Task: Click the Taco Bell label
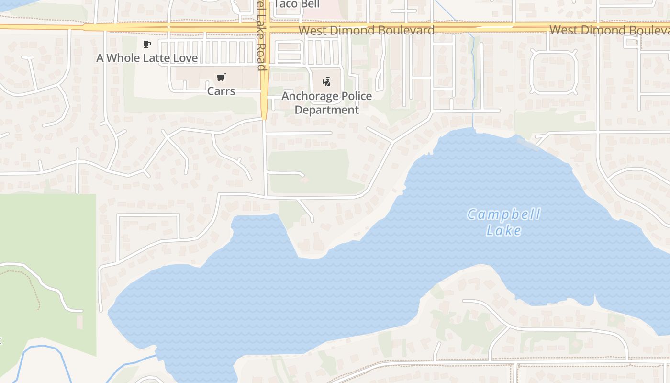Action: tap(296, 4)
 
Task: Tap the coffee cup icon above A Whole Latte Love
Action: tap(147, 45)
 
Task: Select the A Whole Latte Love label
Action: tap(147, 58)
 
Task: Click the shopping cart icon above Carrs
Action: tap(221, 78)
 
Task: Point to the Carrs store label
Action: tap(221, 90)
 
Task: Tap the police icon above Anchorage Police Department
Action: tap(326, 82)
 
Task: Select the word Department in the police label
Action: tap(326, 110)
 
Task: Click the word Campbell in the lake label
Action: tap(503, 214)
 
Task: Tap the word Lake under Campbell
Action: tap(503, 231)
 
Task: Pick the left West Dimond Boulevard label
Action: tap(366, 30)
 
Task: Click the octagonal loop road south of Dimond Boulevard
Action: tap(554, 72)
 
